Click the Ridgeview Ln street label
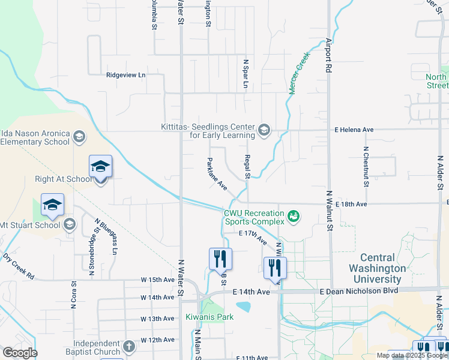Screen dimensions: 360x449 [125, 75]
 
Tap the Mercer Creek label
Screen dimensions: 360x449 [298, 72]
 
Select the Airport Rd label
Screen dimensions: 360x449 [328, 56]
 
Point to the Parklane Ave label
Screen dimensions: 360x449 [216, 174]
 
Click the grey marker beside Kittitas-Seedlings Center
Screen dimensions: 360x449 [264, 130]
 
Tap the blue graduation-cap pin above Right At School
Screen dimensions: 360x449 [100, 166]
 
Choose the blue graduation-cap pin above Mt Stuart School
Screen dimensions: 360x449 [52, 205]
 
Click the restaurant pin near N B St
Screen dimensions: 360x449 [220, 259]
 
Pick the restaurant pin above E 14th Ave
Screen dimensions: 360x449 [275, 268]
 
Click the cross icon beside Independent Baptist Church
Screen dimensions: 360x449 [129, 346]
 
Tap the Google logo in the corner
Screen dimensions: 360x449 [19, 353]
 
